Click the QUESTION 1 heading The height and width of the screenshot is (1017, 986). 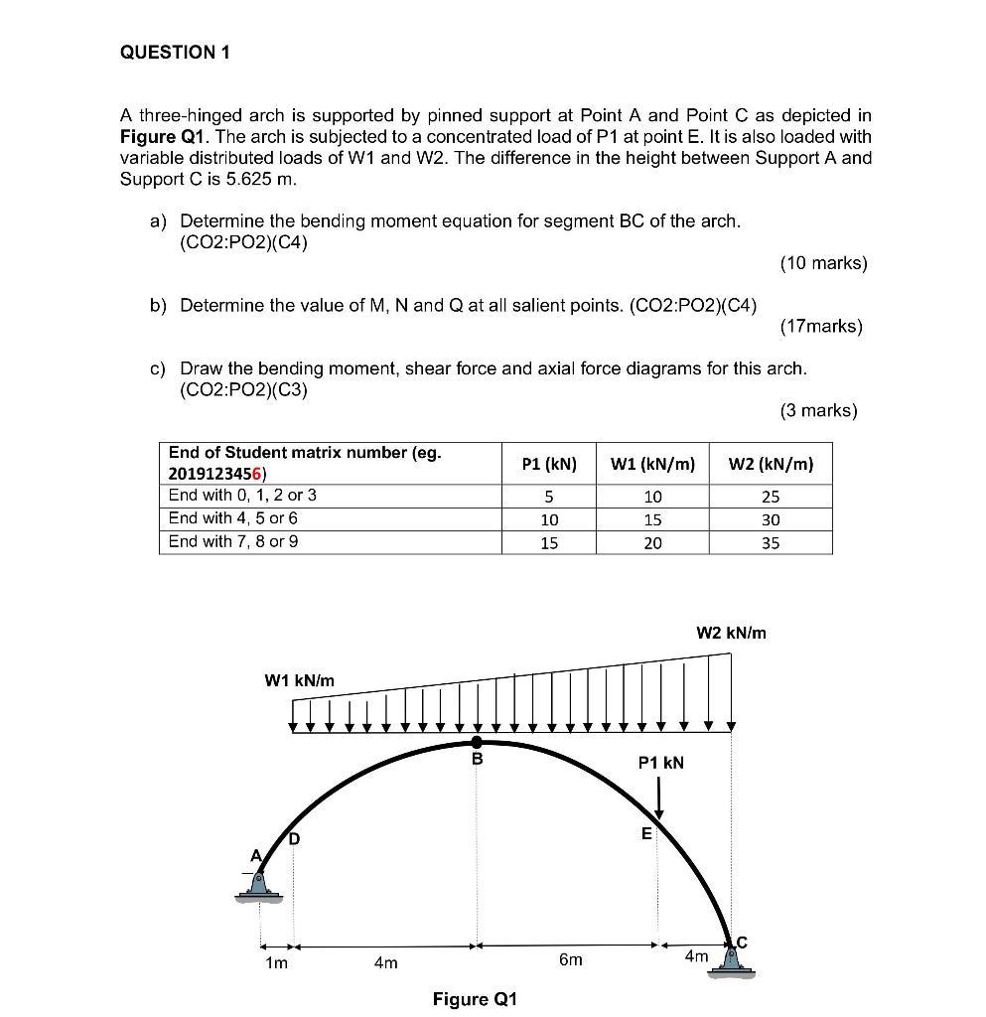(175, 53)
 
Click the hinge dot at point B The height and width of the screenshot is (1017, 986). (478, 742)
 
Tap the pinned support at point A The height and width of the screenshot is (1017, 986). (258, 885)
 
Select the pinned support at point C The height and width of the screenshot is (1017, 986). (732, 960)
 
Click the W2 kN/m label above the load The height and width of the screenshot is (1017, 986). (731, 633)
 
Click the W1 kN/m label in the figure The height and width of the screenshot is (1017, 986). (299, 680)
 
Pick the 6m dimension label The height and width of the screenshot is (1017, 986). (570, 960)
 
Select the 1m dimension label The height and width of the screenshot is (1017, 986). (276, 962)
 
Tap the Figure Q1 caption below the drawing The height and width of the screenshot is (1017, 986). (475, 998)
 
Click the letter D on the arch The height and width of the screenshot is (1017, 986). (294, 838)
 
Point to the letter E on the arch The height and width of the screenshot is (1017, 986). (645, 834)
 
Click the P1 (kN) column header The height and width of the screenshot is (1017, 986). (549, 464)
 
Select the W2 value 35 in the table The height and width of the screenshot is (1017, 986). (771, 543)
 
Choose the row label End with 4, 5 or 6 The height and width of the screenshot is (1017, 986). (233, 517)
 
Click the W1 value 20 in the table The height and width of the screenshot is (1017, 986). (652, 543)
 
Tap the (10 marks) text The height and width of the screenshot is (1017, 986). (823, 263)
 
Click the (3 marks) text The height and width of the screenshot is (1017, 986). (817, 410)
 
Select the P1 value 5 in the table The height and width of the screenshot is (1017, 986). (548, 497)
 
